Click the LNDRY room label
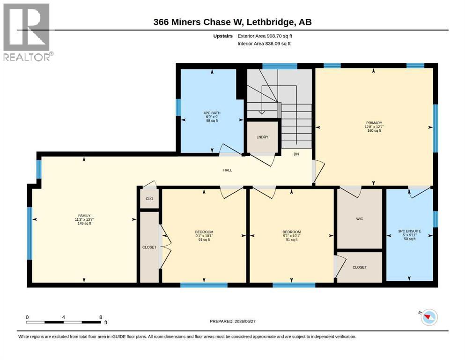point(262,137)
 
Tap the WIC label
point(360,219)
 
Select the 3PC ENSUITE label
point(410,231)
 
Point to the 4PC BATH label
point(212,113)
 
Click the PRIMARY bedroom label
point(374,123)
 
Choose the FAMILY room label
point(84,216)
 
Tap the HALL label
point(228,170)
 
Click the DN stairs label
point(296,154)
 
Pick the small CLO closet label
point(149,199)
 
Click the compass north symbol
point(428,317)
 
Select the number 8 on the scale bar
point(101,317)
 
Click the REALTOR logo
point(27,32)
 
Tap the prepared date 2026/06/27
point(245,321)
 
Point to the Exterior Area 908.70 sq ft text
point(265,36)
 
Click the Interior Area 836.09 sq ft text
point(264,43)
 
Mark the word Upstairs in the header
point(223,36)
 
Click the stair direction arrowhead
point(262,112)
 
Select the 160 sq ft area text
point(374,131)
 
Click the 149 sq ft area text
point(84,224)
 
